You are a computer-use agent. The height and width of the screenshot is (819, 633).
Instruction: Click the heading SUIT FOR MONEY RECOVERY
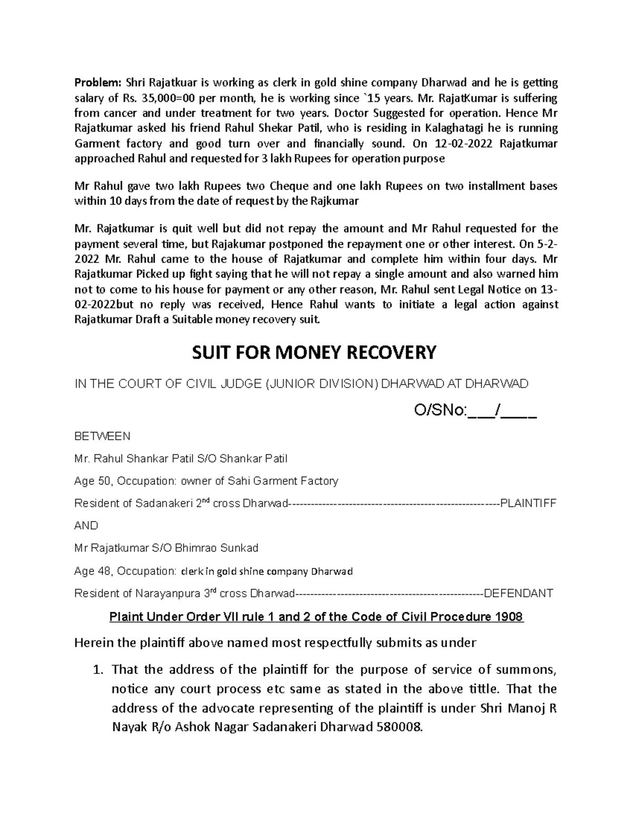pos(316,352)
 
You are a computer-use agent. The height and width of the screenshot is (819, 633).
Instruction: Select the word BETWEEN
pos(102,437)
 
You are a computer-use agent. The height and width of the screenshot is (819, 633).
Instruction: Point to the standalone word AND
pos(87,526)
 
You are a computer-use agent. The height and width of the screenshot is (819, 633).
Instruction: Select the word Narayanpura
pos(168,594)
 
